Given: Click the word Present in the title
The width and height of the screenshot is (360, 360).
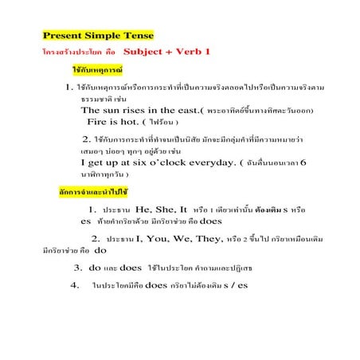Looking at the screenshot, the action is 63,36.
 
